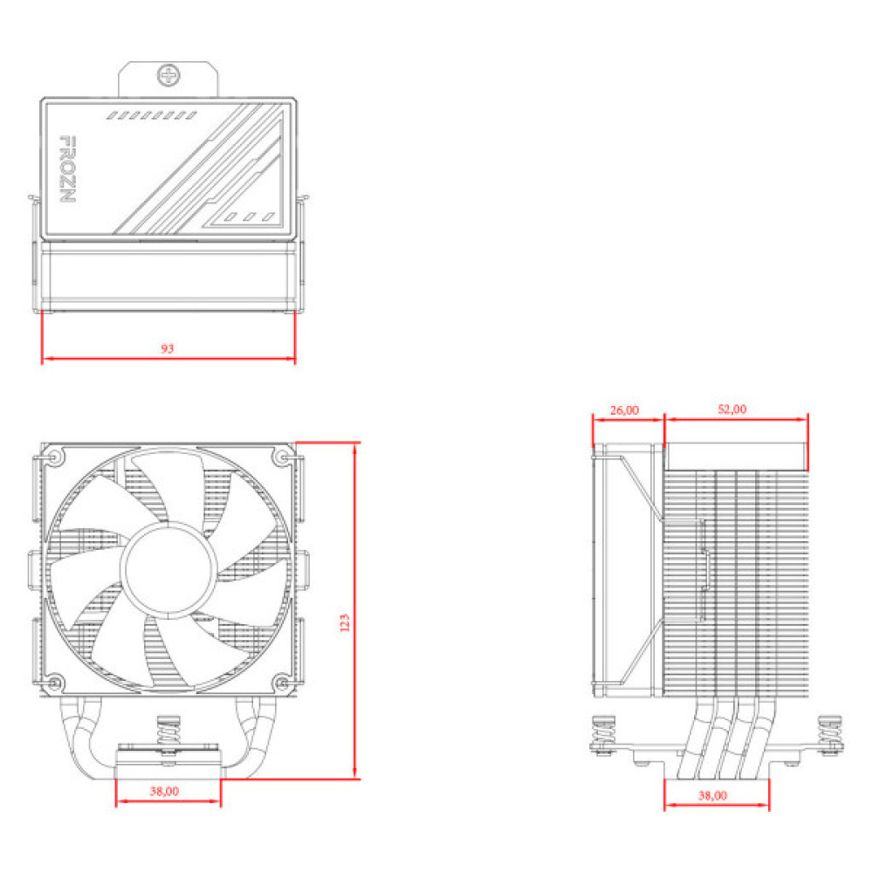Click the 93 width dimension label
coord(168,348)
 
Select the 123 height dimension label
coord(345,622)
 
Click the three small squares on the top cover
coord(248,216)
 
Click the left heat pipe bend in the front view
coord(74,733)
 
